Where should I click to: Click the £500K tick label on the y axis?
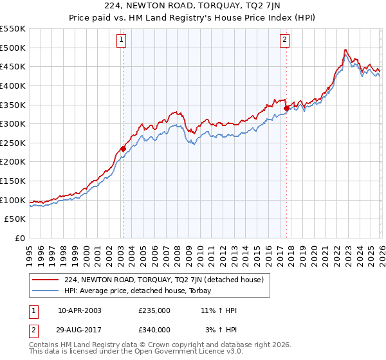click(13, 48)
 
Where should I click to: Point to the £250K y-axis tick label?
click(13, 143)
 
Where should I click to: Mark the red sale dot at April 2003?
click(123, 149)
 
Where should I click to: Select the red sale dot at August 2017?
click(286, 109)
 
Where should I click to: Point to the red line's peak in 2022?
click(345, 50)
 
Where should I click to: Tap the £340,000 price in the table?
click(154, 329)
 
